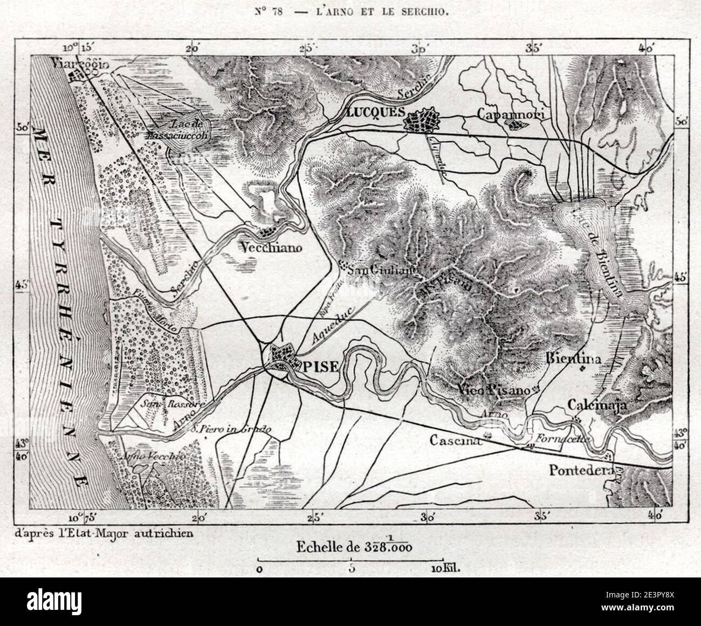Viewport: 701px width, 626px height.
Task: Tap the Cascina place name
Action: click(x=455, y=441)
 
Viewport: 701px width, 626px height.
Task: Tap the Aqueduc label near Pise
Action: click(x=330, y=331)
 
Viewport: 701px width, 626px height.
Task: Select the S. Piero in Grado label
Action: click(x=231, y=430)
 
